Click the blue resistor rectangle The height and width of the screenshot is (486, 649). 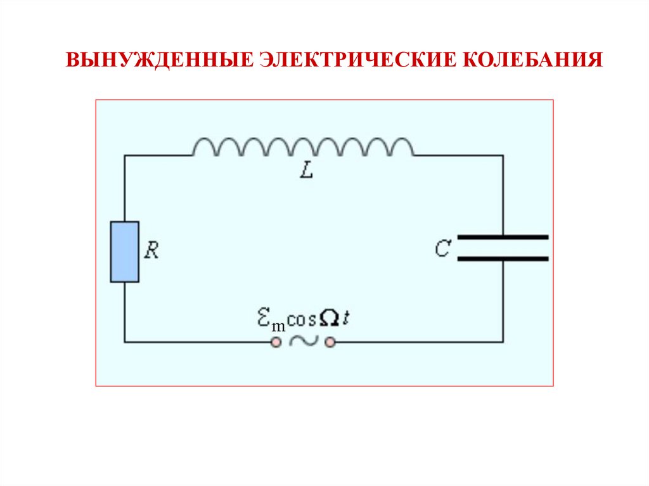[124, 252]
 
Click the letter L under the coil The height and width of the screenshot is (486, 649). [307, 171]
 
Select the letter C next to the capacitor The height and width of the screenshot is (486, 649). [442, 249]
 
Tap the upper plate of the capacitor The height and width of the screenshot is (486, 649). [503, 237]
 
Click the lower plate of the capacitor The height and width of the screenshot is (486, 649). [503, 259]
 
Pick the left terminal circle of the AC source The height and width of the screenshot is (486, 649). [276, 342]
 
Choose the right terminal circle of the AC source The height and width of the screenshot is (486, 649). [330, 342]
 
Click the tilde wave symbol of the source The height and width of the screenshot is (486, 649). [303, 342]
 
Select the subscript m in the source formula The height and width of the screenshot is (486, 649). [278, 325]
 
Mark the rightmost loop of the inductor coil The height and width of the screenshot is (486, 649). [401, 147]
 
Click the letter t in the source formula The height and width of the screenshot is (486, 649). [346, 319]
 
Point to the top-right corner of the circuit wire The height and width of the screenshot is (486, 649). [503, 155]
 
